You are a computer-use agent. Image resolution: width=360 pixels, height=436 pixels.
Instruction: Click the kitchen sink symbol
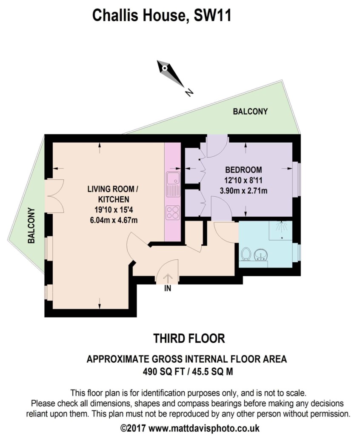pyautogui.click(x=173, y=184)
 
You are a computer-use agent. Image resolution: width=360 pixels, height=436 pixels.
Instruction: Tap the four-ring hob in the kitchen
pyautogui.click(x=173, y=212)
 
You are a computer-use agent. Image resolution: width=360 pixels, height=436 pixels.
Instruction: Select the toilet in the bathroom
pyautogui.click(x=246, y=254)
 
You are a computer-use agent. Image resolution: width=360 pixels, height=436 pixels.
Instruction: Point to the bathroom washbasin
pyautogui.click(x=261, y=255)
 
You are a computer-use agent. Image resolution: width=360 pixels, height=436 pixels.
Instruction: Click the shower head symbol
pyautogui.click(x=282, y=226)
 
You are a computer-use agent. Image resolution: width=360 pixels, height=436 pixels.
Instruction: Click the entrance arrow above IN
pyautogui.click(x=168, y=279)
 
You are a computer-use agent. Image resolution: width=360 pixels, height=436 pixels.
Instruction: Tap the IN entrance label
pyautogui.click(x=168, y=289)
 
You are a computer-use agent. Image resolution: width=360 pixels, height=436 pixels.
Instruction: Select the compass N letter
pyautogui.click(x=189, y=92)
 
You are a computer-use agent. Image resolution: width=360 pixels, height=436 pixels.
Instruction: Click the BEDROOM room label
pyautogui.click(x=243, y=169)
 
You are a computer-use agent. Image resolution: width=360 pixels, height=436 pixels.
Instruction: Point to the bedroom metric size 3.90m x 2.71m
pyautogui.click(x=243, y=191)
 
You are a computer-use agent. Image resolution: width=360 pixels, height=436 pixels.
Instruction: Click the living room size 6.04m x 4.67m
pyautogui.click(x=114, y=220)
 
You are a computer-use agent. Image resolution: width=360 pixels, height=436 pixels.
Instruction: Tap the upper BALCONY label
pyautogui.click(x=250, y=112)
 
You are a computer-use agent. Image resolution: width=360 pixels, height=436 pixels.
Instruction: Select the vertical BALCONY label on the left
pyautogui.click(x=31, y=226)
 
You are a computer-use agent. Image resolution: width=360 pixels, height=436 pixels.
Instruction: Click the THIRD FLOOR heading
pyautogui.click(x=189, y=338)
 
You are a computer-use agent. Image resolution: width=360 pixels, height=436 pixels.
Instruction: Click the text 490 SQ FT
pyautogui.click(x=163, y=371)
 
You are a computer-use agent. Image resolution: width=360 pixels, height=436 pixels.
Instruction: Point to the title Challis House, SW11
pyautogui.click(x=162, y=15)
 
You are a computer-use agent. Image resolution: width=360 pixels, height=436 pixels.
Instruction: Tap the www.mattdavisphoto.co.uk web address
pyautogui.click(x=204, y=428)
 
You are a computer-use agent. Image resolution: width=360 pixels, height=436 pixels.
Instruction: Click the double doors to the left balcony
pyautogui.click(x=55, y=196)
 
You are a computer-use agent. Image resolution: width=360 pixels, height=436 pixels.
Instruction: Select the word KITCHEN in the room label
pyautogui.click(x=114, y=199)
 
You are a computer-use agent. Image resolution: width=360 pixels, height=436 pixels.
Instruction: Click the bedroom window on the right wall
pyautogui.click(x=296, y=179)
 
